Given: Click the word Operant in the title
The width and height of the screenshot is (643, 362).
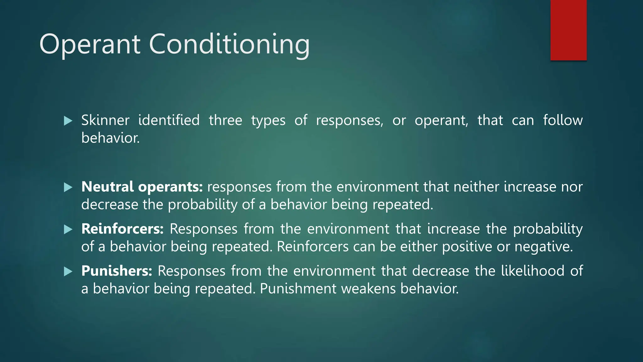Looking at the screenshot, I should [90, 45].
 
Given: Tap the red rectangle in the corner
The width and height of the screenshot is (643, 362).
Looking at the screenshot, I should [568, 30].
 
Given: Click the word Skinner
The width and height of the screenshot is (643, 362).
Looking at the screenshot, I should [105, 120].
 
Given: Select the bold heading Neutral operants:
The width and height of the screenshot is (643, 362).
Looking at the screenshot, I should [142, 187].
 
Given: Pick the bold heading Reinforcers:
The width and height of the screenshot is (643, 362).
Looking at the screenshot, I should [122, 229].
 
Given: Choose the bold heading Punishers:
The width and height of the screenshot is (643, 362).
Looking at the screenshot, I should [117, 271].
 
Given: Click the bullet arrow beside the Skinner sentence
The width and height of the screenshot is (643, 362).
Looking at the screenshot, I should [68, 121].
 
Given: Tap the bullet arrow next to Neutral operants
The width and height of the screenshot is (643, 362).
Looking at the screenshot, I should [68, 188].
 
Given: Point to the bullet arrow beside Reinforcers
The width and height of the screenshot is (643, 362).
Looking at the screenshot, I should [68, 229].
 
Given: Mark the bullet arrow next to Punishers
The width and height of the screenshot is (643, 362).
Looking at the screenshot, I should [68, 271].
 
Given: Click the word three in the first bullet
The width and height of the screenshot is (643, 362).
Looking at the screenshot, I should [225, 120].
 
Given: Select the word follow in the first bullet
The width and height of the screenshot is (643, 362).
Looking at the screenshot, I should [563, 120].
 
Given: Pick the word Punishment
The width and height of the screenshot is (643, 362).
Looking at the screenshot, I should [298, 289].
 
